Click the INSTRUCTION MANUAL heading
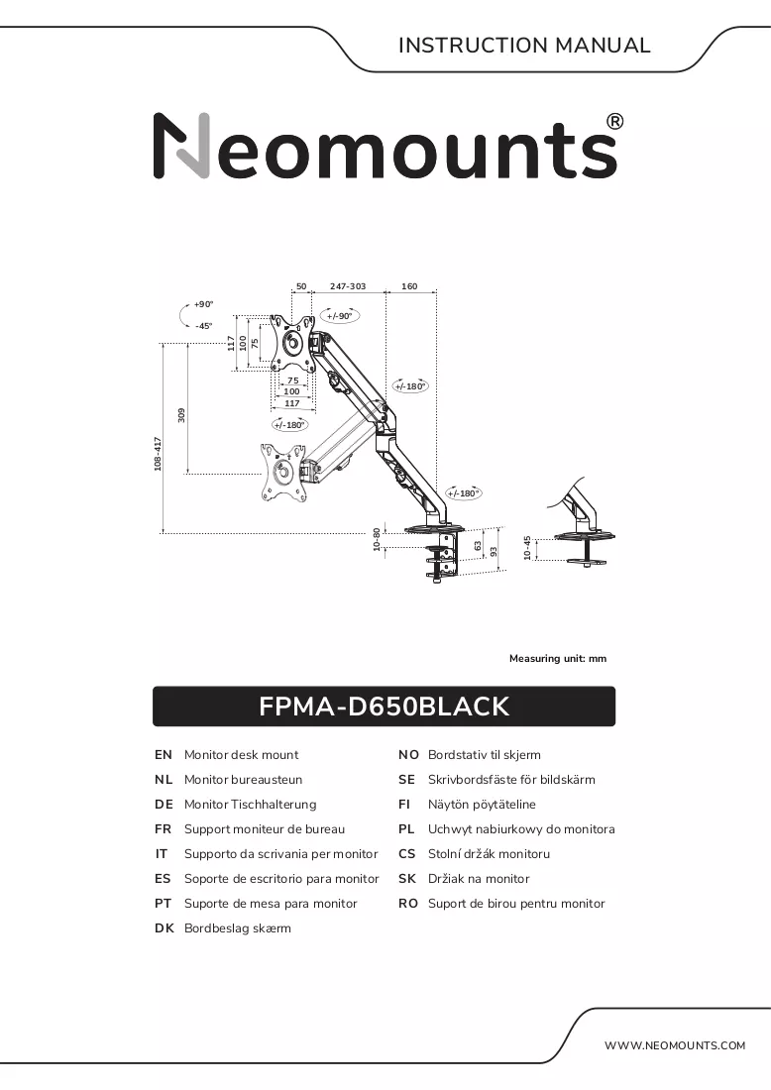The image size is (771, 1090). [x=524, y=46]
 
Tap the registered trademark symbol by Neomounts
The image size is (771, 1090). [x=615, y=122]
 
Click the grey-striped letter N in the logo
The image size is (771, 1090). [x=181, y=146]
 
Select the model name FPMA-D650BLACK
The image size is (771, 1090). [x=384, y=707]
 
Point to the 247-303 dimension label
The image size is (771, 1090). [x=348, y=286]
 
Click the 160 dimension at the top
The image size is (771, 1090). [x=409, y=286]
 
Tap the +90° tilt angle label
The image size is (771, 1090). [x=204, y=304]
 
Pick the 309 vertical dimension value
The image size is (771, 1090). [x=182, y=415]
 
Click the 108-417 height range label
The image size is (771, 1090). [x=158, y=454]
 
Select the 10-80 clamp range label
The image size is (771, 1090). [x=377, y=540]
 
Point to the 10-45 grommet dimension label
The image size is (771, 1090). [x=527, y=548]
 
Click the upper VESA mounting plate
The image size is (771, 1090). [x=292, y=343]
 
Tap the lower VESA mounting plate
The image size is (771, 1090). [x=282, y=472]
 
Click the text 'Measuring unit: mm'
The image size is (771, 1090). [x=558, y=658]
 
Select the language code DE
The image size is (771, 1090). [x=164, y=805]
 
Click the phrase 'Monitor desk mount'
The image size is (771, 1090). [x=241, y=755]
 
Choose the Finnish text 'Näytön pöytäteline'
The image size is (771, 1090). [x=482, y=805]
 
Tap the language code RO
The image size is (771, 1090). [x=408, y=904]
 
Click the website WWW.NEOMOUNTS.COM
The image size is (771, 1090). [x=674, y=1045]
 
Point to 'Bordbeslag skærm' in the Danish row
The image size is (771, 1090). [x=238, y=928]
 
